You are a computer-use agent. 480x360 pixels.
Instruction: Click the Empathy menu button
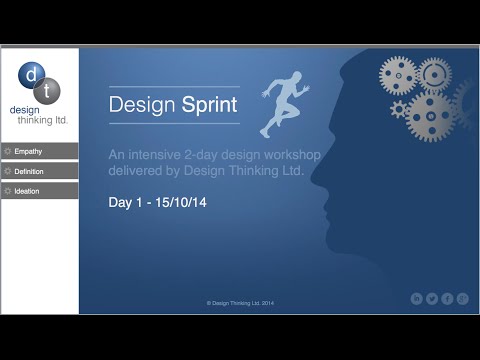coord(40,151)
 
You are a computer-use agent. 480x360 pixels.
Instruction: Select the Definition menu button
coord(40,171)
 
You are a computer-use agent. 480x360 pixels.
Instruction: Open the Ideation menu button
coord(40,190)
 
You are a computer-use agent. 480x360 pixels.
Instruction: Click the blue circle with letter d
coord(31,75)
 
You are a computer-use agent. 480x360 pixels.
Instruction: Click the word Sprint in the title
coord(211,105)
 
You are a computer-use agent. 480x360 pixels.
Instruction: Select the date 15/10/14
coord(181,203)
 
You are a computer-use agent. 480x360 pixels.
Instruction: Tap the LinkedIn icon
coord(417,298)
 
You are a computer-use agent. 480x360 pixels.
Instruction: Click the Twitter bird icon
coord(432,298)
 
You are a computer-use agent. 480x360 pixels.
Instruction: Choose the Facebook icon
coord(447,298)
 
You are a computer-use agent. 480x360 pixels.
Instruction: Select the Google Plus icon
coord(462,298)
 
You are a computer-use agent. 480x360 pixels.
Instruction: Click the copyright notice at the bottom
coord(240,302)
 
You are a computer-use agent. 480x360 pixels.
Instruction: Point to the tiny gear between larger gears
coord(401,108)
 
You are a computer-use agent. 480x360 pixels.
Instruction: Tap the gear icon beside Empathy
coord(8,151)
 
